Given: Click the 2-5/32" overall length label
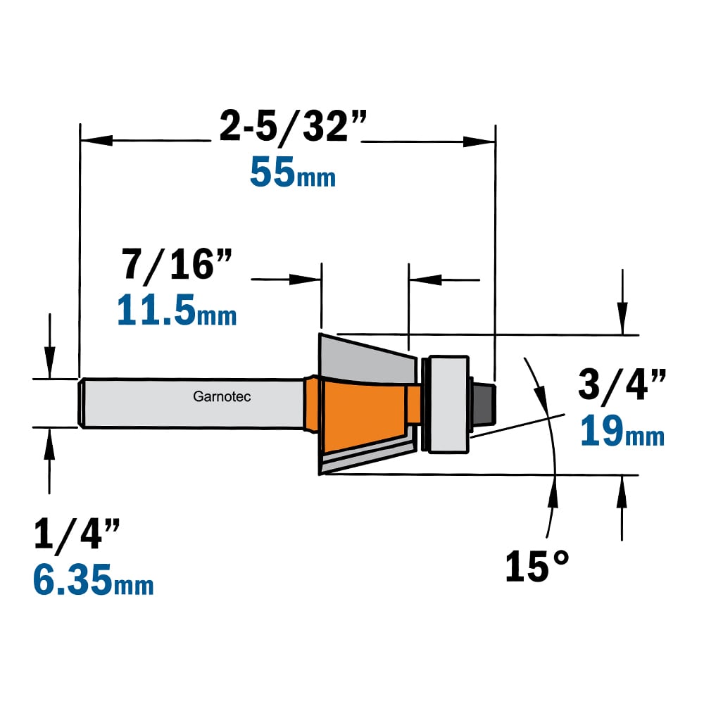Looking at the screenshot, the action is click(293, 127).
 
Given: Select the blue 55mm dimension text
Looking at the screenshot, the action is click(293, 172).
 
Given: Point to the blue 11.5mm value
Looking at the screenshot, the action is click(177, 310).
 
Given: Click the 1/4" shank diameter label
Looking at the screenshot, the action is click(77, 534).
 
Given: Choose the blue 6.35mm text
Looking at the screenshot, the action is click(94, 580).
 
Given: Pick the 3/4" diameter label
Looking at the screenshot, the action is click(622, 385).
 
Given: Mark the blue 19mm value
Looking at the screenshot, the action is click(622, 431).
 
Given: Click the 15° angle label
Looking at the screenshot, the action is click(537, 566).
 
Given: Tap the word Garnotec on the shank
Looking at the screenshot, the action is click(222, 396).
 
